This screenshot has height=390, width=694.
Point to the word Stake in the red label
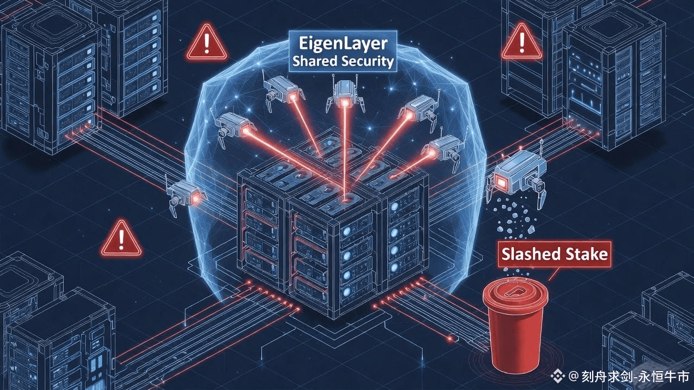588,254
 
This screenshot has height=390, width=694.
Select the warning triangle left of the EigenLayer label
207,42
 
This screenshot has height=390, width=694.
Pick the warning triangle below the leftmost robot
121,238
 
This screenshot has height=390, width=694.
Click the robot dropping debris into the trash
517,177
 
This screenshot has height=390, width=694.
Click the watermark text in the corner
629,375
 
